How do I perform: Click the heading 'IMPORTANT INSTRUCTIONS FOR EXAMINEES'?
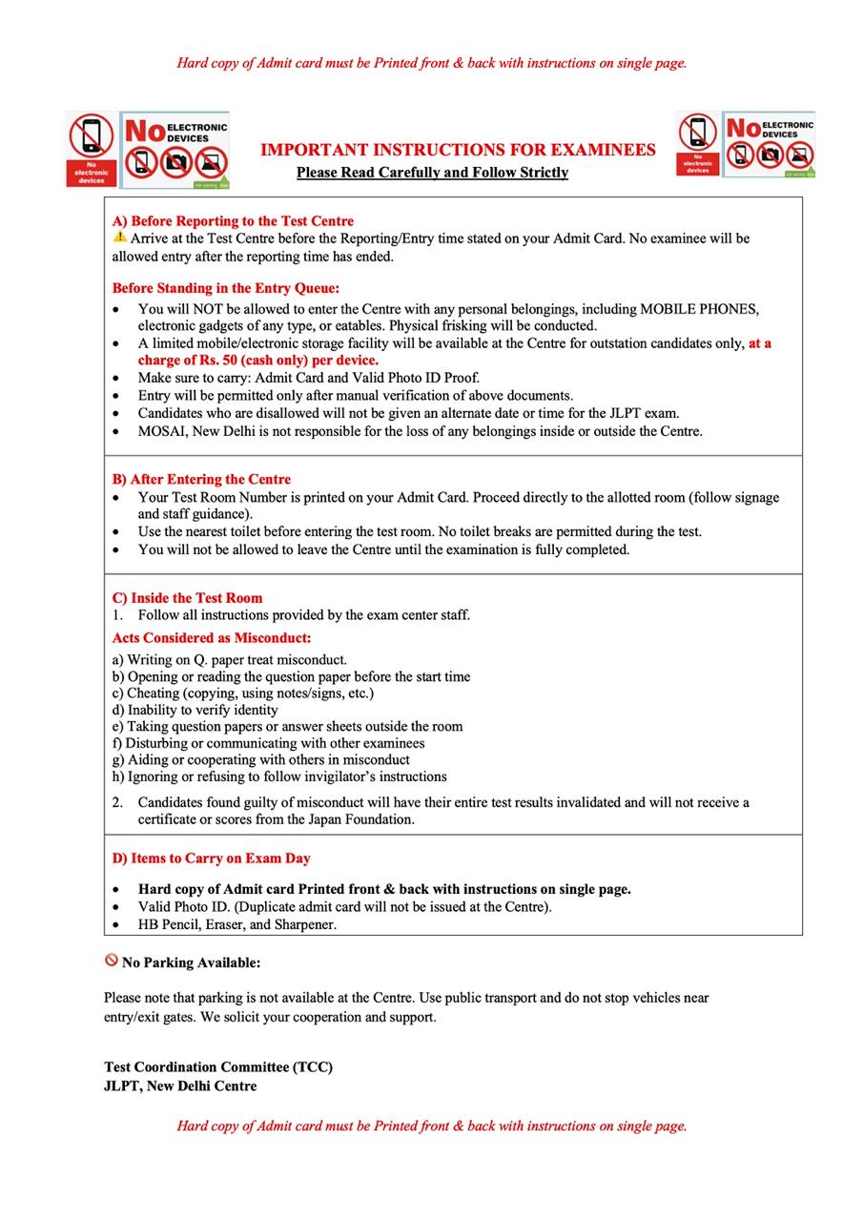(458, 150)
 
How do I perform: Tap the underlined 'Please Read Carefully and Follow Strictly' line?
(432, 173)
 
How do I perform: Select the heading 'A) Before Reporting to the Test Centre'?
(233, 220)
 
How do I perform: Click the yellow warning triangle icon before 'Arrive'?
(119, 237)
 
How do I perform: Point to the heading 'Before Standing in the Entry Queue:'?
(225, 288)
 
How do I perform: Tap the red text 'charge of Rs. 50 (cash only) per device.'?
(257, 360)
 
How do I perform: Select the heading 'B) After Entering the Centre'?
(201, 479)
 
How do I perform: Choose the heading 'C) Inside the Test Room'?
(187, 598)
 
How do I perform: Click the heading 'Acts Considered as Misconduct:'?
(212, 637)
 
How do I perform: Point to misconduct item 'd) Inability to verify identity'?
(195, 710)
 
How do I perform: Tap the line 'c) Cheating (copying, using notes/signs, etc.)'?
(243, 693)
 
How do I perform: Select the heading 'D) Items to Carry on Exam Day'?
(211, 858)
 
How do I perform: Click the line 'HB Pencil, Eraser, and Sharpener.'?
(236, 924)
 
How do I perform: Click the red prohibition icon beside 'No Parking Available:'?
(112, 961)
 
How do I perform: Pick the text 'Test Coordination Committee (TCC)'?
(218, 1067)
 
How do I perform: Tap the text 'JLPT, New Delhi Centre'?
(180, 1086)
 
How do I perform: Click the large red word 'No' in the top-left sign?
(145, 131)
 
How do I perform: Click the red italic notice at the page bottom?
(431, 1126)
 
